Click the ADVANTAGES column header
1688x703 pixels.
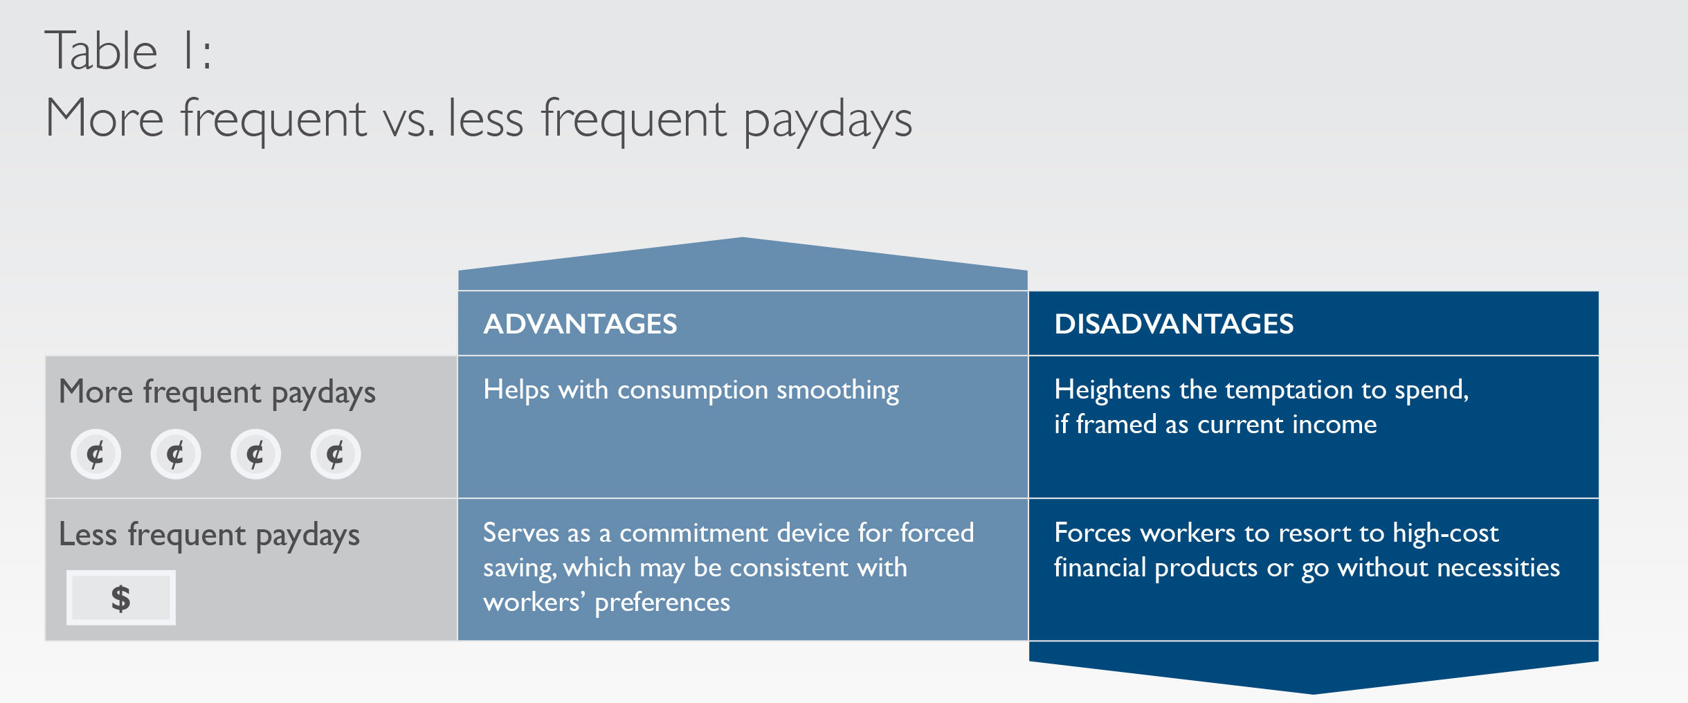tap(580, 324)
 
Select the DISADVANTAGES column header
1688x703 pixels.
tap(1174, 324)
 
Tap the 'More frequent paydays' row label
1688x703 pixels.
tap(217, 392)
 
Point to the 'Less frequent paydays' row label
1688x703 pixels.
tap(209, 536)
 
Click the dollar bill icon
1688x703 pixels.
tap(121, 598)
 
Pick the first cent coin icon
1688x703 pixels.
tap(96, 454)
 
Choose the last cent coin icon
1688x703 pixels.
tap(336, 454)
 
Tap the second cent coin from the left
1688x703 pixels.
tap(176, 454)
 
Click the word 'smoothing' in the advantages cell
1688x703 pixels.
tap(837, 391)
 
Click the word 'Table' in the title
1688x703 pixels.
tap(102, 51)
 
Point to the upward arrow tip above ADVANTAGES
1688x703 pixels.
tap(743, 238)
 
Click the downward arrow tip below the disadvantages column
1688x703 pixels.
tap(1314, 693)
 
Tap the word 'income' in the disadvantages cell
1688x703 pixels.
tap(1334, 425)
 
